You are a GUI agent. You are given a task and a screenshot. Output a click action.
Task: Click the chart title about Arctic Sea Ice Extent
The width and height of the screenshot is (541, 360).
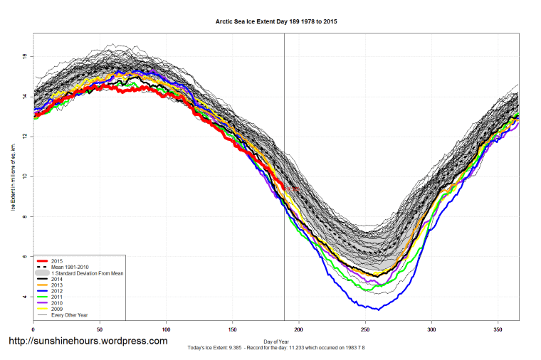click(276, 22)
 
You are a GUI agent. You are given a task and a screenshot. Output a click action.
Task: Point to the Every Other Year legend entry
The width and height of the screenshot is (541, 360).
click(81, 314)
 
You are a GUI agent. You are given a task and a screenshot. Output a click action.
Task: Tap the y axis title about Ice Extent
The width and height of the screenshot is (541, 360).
click(12, 176)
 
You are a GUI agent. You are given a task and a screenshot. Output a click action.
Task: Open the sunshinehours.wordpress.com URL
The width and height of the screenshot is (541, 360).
click(88, 341)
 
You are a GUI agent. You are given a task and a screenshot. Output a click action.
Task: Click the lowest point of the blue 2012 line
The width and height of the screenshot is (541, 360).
click(378, 309)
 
